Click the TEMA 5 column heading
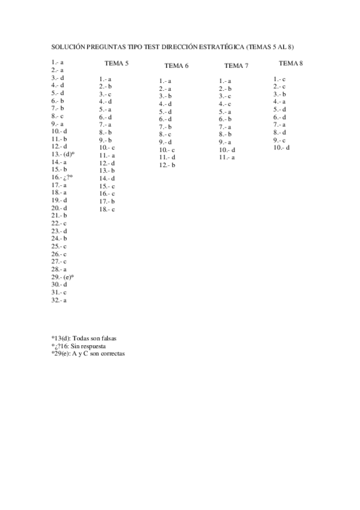116,64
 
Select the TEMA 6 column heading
176,66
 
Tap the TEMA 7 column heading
236,66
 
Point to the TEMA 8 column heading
291,63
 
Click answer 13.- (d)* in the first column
63,154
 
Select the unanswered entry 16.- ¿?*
63,177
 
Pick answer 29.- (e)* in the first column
63,277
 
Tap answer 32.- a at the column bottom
59,300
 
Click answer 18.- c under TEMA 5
107,209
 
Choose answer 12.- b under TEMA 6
167,165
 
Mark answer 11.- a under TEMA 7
227,157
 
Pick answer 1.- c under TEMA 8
279,79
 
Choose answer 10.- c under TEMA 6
167,150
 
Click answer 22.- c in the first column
59,223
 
